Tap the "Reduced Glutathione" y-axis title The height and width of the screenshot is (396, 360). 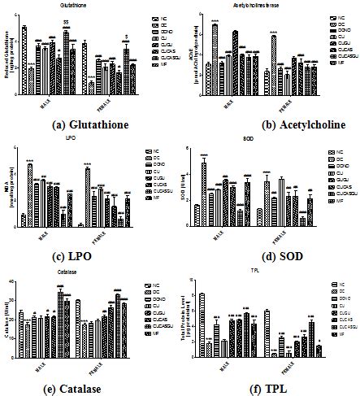[x=7, y=57]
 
